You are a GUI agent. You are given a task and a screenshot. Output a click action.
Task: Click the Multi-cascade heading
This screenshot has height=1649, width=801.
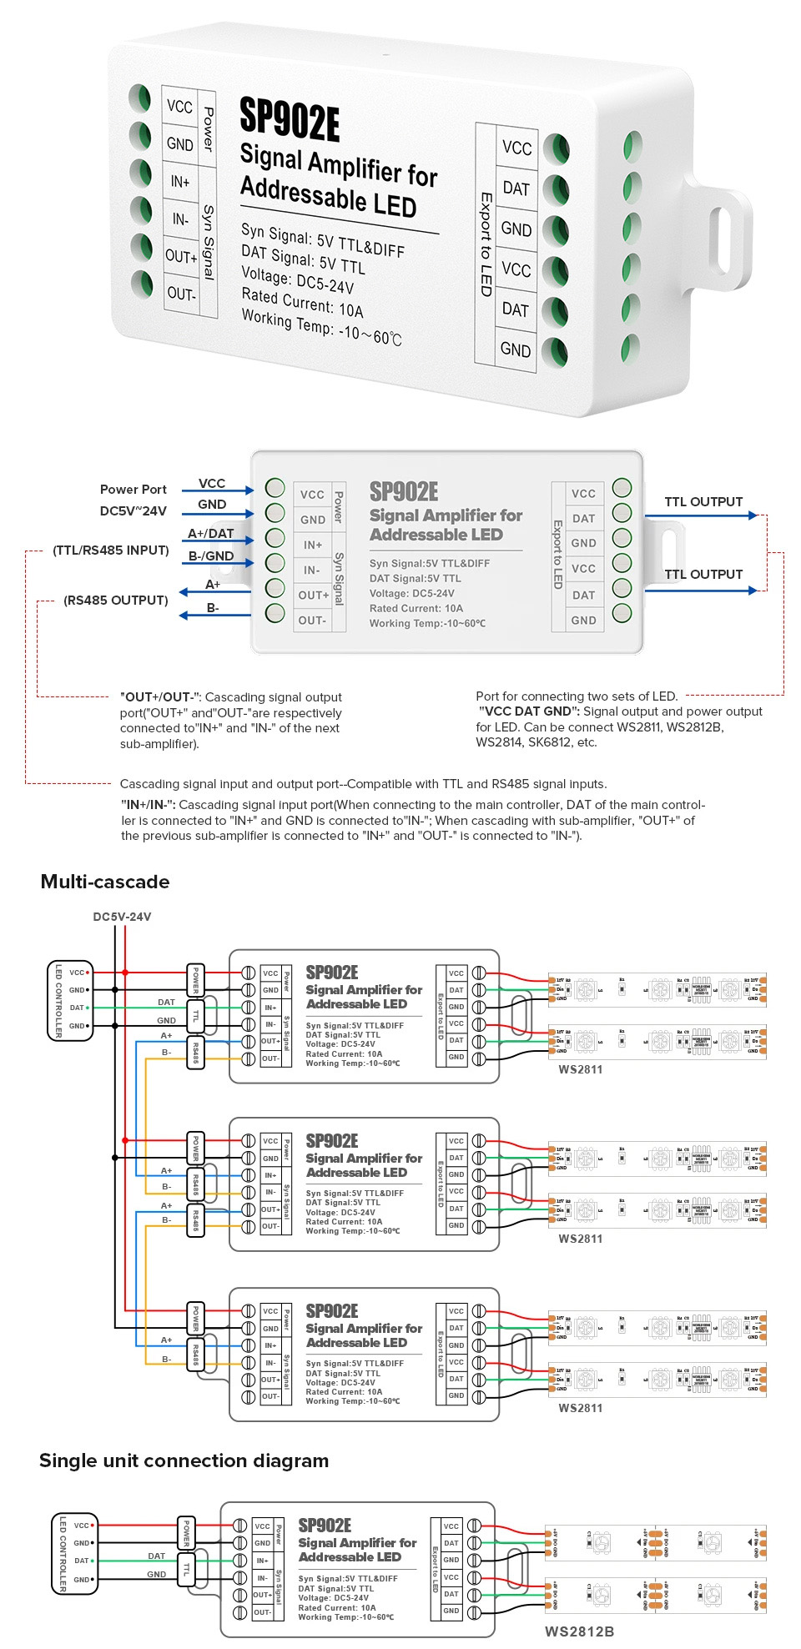click(105, 882)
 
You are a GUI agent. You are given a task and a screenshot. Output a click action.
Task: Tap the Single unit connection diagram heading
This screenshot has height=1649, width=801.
click(184, 1460)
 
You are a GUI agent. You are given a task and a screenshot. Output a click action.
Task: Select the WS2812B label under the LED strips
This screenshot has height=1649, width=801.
click(579, 1631)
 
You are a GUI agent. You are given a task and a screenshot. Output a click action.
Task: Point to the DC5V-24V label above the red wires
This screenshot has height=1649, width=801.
click(122, 916)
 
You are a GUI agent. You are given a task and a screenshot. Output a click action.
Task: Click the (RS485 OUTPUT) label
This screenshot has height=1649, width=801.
click(115, 600)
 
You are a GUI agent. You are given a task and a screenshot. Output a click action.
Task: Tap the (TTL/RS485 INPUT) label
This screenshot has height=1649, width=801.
click(110, 550)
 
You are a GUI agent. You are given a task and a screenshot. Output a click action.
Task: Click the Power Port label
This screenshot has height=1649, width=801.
click(133, 489)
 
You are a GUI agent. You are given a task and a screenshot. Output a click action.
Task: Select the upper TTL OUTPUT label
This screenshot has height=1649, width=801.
click(703, 501)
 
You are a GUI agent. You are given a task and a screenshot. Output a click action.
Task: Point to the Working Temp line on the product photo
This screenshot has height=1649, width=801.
click(321, 327)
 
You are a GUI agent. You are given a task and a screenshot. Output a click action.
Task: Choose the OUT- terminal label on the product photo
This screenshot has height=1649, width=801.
click(181, 294)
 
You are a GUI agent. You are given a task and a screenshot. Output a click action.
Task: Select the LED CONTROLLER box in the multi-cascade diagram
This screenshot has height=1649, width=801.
click(69, 999)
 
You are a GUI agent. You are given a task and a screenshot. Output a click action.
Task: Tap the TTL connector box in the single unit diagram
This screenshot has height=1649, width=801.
click(186, 1569)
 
